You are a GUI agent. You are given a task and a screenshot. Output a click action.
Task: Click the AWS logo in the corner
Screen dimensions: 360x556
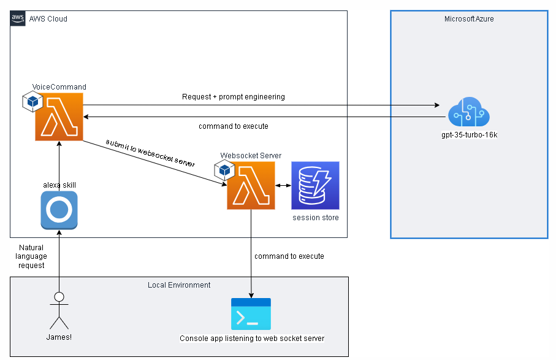(18, 18)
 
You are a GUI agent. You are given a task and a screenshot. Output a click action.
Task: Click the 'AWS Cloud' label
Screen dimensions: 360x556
(48, 19)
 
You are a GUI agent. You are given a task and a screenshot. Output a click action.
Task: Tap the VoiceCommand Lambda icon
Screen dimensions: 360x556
(59, 117)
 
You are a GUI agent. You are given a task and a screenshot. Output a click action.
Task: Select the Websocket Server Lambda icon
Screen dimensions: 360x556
(251, 186)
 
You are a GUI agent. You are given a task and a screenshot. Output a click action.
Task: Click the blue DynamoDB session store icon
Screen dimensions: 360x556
(315, 186)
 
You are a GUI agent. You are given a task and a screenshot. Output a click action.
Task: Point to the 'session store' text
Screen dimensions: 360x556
(315, 218)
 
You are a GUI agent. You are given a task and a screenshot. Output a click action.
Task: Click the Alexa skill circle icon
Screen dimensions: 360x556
(59, 210)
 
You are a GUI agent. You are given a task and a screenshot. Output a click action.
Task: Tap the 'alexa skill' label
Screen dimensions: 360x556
(59, 185)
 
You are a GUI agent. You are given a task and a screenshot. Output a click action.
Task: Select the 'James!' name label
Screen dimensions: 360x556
(59, 337)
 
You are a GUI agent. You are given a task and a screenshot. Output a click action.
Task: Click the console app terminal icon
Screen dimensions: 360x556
(251, 315)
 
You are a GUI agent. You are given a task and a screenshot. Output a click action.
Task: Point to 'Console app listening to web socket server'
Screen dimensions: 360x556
(251, 339)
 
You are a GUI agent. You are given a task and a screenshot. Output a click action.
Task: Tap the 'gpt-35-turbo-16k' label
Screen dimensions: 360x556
(469, 134)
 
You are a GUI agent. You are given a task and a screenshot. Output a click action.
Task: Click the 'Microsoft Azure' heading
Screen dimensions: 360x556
(469, 19)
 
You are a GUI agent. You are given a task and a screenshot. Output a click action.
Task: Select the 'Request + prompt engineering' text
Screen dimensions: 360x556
(233, 97)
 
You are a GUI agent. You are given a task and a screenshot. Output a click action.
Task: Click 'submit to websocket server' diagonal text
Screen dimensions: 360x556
(150, 153)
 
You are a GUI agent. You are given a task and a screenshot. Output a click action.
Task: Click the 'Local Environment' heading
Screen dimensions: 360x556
(179, 285)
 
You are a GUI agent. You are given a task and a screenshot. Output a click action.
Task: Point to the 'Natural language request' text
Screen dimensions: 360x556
(31, 256)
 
